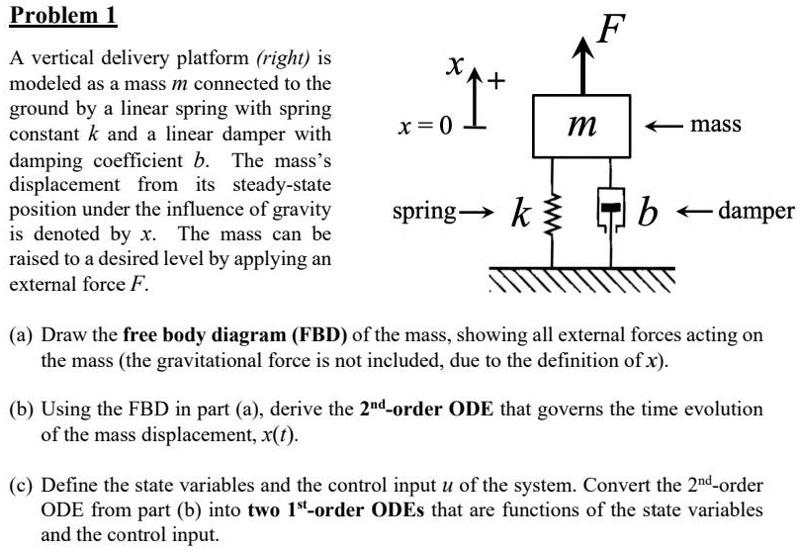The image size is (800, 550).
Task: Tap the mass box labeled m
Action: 581,126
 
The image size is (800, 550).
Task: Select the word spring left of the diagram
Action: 424,211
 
